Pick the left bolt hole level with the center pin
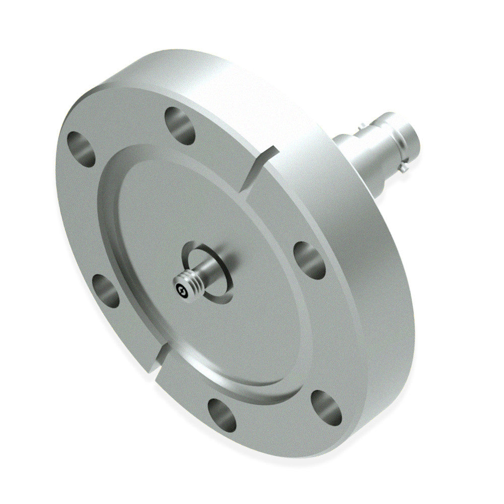coord(107,291)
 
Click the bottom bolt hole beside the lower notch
coord(222,412)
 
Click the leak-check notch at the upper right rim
coord(260,169)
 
